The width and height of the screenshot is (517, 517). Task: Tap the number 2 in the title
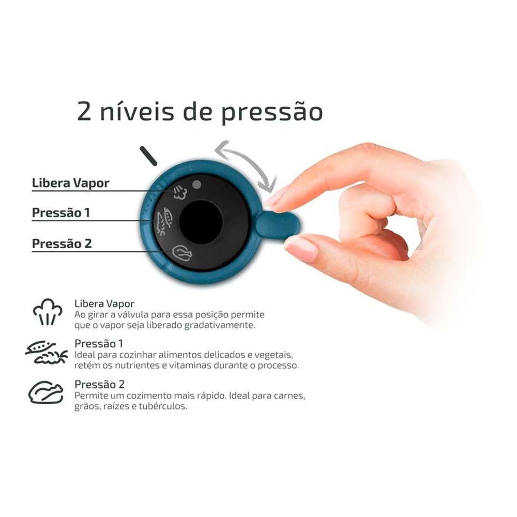point(86,111)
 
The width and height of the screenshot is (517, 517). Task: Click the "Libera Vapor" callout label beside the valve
point(70,183)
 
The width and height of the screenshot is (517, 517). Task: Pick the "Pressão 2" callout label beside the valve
point(62,244)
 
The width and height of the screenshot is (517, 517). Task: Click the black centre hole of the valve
point(201,222)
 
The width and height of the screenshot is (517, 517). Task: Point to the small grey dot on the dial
point(196,184)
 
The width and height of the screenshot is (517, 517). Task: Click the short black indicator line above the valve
point(148,156)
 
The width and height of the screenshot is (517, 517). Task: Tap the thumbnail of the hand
point(301,249)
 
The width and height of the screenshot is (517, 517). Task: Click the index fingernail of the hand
point(279,197)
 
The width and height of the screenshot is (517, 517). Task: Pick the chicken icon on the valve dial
point(182,253)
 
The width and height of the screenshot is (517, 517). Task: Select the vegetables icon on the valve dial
point(164,221)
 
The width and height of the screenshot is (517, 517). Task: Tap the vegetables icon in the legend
point(47,353)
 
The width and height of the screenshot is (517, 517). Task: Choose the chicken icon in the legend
point(45,393)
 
